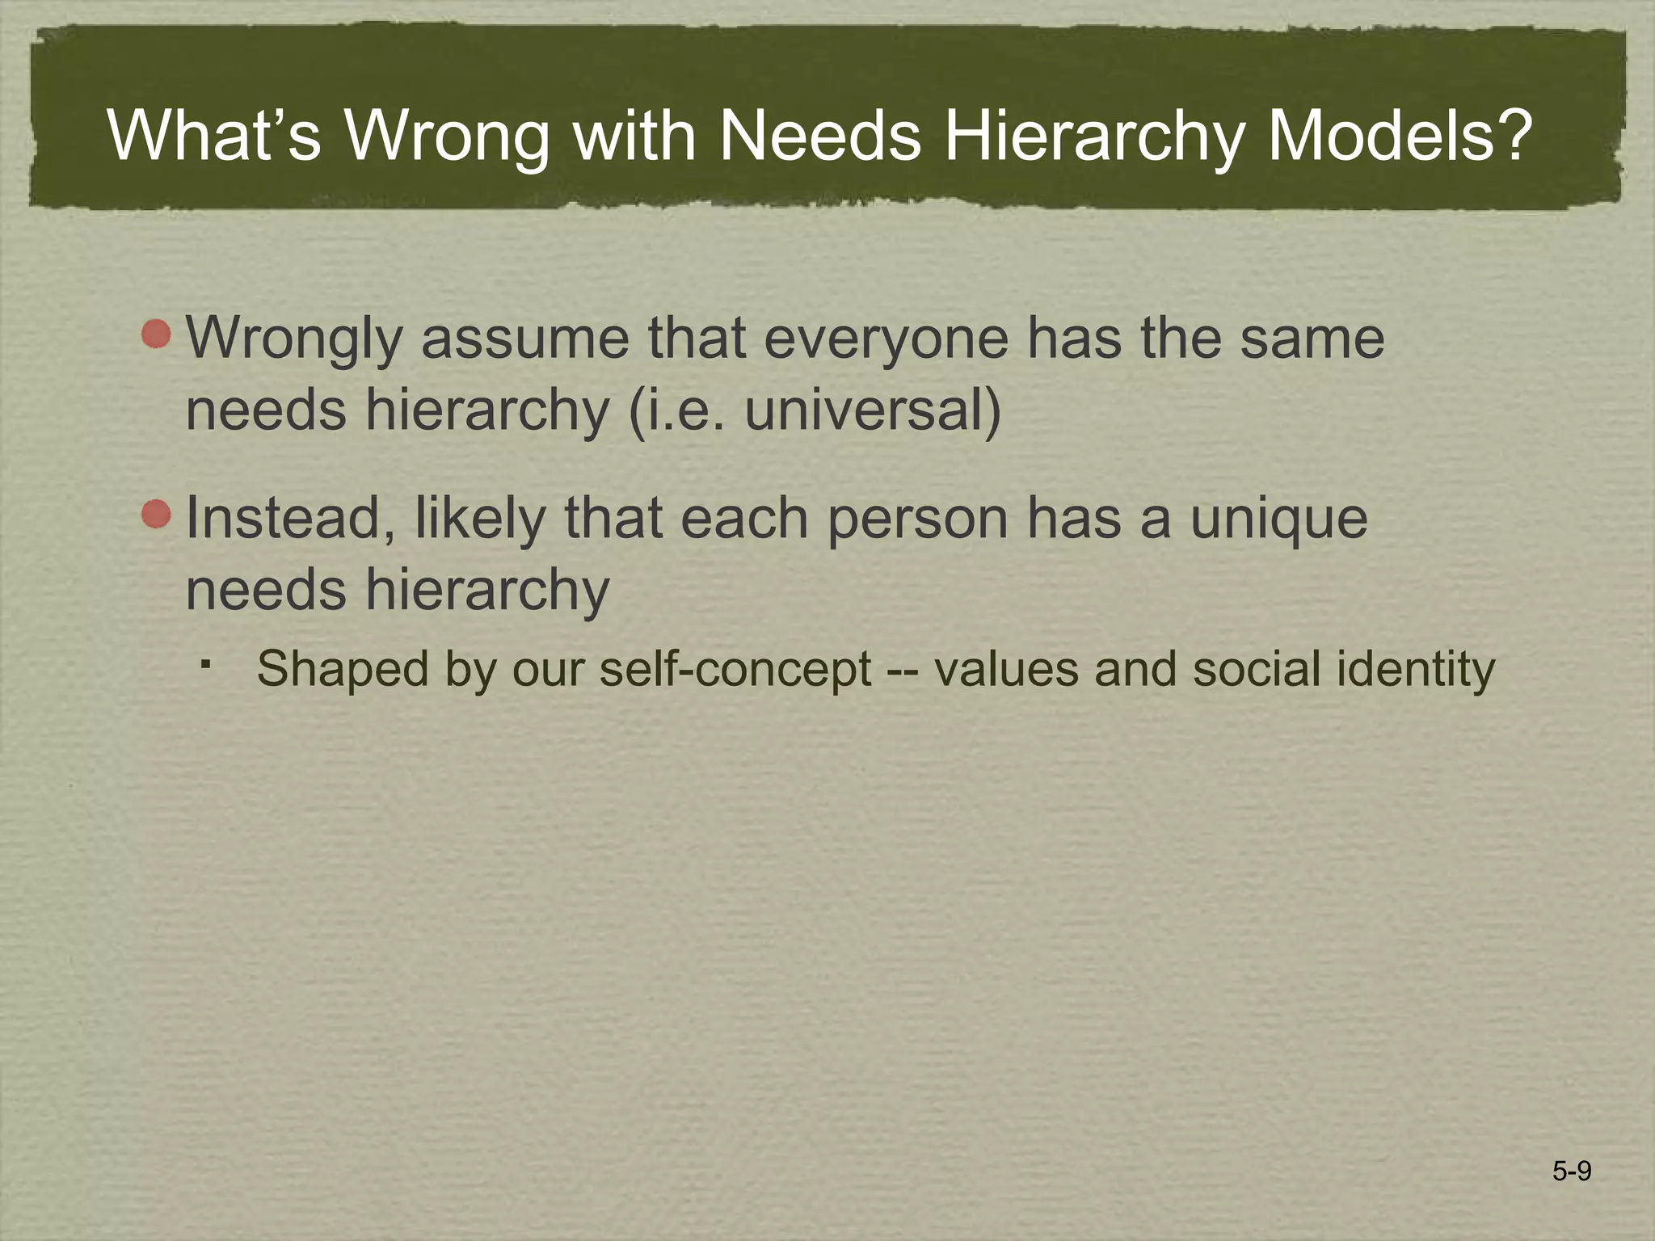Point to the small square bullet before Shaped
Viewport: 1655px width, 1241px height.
[x=207, y=665]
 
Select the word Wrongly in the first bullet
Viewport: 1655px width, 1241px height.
[x=294, y=339]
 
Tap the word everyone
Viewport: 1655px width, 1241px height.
[x=886, y=339]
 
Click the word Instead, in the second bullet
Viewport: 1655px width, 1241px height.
[x=291, y=519]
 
